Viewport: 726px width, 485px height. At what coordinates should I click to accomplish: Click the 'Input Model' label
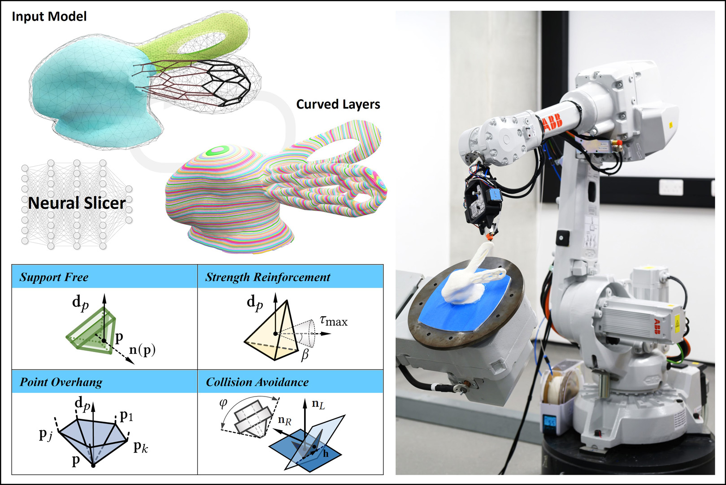click(49, 17)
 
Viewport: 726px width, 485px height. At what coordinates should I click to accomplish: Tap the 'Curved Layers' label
click(338, 104)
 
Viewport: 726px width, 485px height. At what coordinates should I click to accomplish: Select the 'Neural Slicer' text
click(77, 203)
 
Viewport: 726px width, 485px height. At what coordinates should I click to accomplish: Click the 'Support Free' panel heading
click(54, 277)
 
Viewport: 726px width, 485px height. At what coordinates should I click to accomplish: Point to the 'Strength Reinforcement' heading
click(268, 277)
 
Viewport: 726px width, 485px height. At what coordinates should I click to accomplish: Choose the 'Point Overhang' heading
click(61, 382)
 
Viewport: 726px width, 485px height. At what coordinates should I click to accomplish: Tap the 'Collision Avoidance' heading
click(257, 382)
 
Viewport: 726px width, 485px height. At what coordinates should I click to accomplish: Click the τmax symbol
click(334, 321)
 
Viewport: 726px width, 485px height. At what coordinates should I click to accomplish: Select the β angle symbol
click(305, 355)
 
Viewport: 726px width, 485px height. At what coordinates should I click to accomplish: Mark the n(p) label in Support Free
click(142, 349)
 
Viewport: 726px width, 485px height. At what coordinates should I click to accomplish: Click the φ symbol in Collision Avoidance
click(223, 403)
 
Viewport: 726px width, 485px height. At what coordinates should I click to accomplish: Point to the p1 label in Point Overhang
click(126, 416)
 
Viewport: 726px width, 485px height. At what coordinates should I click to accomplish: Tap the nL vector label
click(318, 404)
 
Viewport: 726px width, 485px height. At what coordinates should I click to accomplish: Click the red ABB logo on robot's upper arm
click(552, 122)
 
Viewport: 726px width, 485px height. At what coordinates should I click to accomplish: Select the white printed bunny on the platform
click(466, 283)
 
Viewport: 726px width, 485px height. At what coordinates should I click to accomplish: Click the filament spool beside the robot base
click(558, 386)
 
